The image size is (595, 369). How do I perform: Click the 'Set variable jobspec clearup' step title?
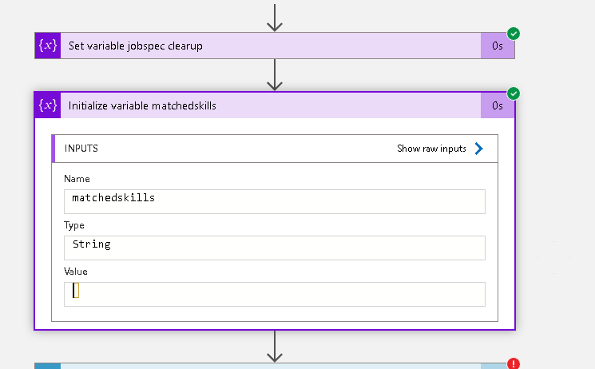[136, 46]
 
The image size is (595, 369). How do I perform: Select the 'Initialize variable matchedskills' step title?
[142, 105]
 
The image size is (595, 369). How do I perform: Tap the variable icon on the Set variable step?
[48, 46]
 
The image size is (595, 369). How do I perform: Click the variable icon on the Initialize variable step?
[48, 105]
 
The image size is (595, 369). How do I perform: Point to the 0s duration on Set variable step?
[498, 46]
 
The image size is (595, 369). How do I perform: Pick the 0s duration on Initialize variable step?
[498, 105]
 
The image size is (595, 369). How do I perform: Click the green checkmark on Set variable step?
[514, 34]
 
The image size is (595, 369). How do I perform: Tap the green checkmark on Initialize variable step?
[514, 93]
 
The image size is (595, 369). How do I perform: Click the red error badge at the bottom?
[514, 363]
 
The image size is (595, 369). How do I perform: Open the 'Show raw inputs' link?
[431, 149]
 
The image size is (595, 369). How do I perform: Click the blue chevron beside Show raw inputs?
[479, 149]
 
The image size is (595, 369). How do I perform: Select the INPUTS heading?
[81, 149]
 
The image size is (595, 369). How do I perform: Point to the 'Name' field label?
[77, 179]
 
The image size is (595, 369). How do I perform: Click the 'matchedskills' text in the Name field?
[113, 198]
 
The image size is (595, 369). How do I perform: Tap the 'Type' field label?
[74, 225]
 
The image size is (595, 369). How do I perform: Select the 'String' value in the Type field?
[92, 244]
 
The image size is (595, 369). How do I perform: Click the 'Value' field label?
[76, 272]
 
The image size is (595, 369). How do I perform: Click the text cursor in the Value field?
[76, 291]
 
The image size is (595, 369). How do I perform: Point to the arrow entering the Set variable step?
[275, 18]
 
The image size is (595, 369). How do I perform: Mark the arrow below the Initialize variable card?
[275, 346]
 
